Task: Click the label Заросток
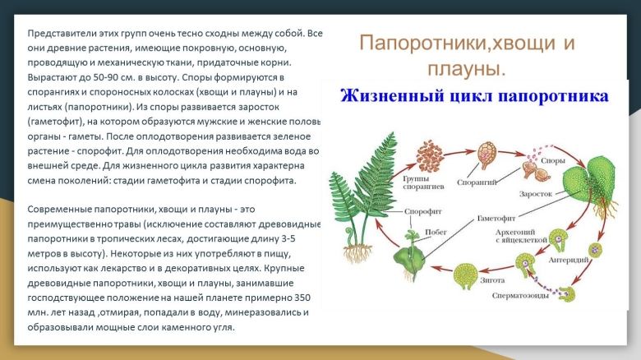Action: pos(535,194)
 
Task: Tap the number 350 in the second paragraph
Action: pos(302,298)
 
